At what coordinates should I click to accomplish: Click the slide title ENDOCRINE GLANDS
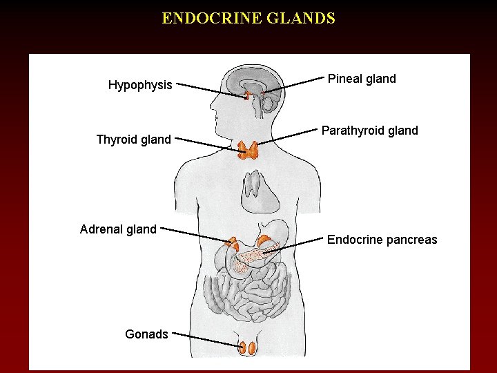click(x=248, y=18)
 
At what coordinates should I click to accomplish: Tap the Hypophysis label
click(x=140, y=85)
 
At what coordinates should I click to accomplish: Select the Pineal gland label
click(x=362, y=79)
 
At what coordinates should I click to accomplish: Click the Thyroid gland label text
click(x=133, y=140)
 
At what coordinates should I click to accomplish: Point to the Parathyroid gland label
click(x=370, y=131)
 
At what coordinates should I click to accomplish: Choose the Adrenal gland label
click(x=118, y=229)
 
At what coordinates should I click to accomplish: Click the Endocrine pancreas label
click(x=382, y=240)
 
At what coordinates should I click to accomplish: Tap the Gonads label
click(x=146, y=334)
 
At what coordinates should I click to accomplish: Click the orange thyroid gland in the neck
click(x=248, y=149)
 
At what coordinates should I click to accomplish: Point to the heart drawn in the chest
click(x=261, y=191)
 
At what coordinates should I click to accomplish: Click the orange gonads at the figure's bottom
click(x=247, y=348)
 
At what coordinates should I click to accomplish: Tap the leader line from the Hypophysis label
click(x=211, y=90)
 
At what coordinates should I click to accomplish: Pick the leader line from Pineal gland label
click(x=290, y=86)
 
